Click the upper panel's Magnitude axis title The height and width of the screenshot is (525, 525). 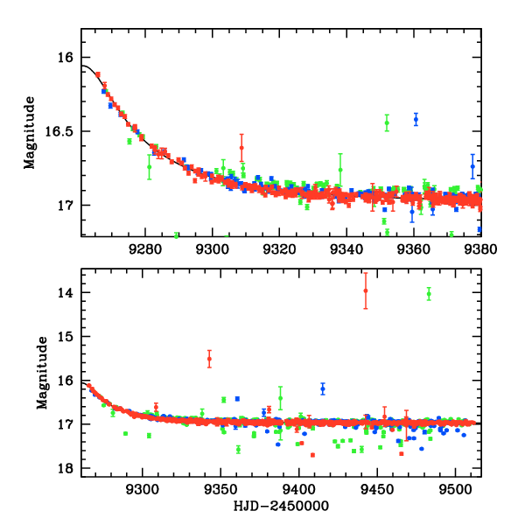click(30, 132)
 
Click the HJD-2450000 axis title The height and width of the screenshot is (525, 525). click(280, 507)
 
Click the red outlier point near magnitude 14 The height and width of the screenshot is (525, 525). click(366, 290)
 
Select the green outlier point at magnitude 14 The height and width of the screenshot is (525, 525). click(429, 294)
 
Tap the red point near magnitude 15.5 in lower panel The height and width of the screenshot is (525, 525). click(209, 359)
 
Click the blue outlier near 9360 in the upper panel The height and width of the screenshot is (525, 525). click(416, 119)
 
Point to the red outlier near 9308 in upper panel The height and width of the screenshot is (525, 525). click(241, 147)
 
